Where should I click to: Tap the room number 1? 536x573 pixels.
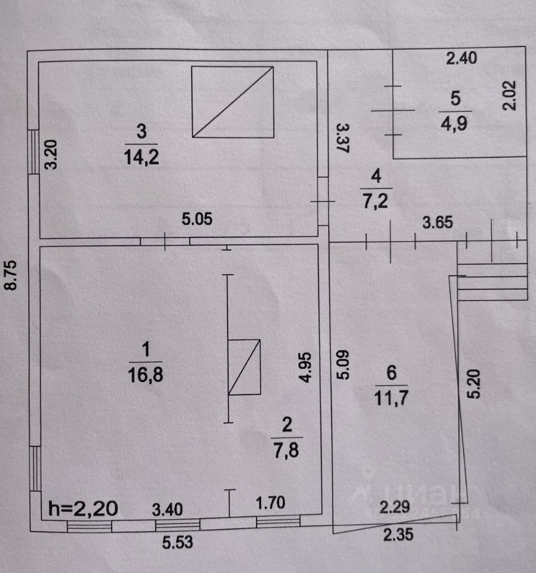144,347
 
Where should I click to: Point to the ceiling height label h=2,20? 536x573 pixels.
84,509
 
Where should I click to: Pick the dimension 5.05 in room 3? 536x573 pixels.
198,219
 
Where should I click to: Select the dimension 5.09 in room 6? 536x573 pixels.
341,363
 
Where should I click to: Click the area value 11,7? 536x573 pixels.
391,396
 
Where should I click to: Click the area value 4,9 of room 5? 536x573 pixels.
455,124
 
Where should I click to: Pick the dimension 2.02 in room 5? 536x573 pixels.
509,95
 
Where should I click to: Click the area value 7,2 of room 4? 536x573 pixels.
376,201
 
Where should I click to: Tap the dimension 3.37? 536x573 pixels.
341,139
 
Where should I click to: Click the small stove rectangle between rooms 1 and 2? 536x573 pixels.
245,367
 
